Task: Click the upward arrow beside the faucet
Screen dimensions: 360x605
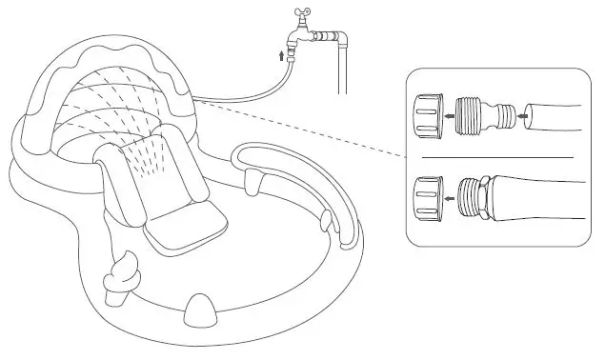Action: (x=280, y=55)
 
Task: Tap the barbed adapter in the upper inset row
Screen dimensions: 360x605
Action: (x=480, y=113)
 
